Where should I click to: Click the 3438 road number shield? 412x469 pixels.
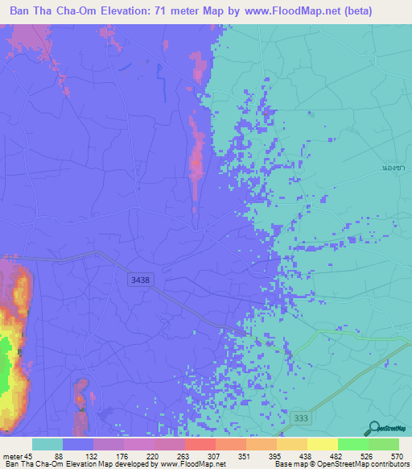point(139,280)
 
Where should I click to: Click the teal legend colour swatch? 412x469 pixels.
point(47,444)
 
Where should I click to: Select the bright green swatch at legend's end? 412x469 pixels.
point(384,444)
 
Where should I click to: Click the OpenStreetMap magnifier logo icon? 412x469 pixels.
point(374,429)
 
